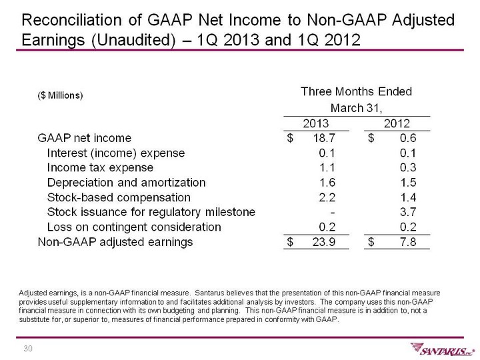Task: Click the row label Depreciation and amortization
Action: coord(127,182)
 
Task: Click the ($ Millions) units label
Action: coord(60,95)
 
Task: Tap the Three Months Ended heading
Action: coord(357,91)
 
